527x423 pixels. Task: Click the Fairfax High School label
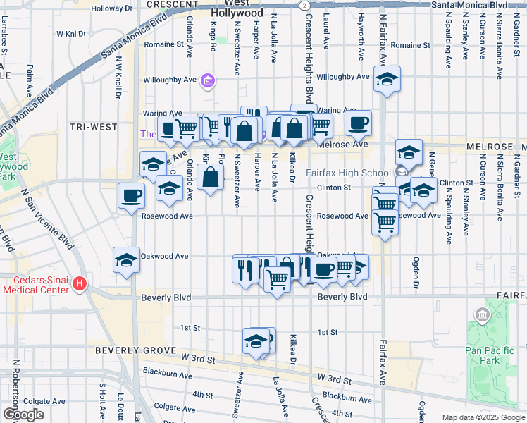[x=348, y=173]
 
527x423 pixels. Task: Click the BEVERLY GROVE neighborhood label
[x=130, y=350]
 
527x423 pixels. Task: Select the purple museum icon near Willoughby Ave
[x=207, y=82]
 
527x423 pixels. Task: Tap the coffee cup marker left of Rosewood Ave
[x=130, y=195]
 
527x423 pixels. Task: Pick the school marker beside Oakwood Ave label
[x=127, y=259]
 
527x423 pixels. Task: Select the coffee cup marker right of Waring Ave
[x=358, y=123]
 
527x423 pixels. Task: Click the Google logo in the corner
[x=23, y=415]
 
